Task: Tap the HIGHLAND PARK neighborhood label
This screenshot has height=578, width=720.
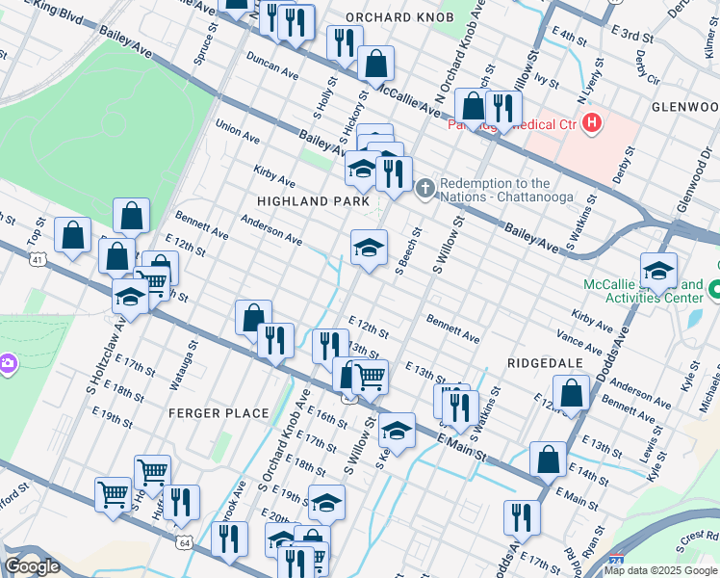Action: pos(314,201)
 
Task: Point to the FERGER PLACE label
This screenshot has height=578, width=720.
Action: pos(219,413)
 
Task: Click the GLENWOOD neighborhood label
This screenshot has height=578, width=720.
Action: pos(684,106)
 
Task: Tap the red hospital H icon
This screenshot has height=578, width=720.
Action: pos(592,123)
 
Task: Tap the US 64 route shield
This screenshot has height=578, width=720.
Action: pos(183,543)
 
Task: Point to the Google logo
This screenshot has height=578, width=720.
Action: pos(32,565)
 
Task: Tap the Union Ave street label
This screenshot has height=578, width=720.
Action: pos(238,131)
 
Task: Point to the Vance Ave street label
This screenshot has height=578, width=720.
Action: pos(579,338)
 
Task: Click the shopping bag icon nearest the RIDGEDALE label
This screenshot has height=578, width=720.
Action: pos(572,392)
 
